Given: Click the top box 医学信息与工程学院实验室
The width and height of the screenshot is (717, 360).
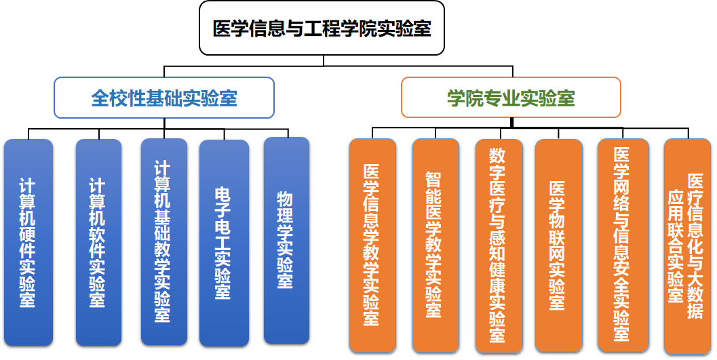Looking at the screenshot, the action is click(x=322, y=28).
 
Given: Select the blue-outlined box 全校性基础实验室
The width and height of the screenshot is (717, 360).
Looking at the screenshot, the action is click(x=164, y=98).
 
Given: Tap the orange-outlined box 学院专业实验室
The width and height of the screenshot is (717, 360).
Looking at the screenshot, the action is click(x=511, y=98).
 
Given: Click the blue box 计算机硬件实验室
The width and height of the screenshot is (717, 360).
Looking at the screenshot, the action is click(x=28, y=242).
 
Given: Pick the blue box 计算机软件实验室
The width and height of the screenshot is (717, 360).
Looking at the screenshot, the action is click(x=98, y=242).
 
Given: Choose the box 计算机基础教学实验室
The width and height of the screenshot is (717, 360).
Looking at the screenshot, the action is click(x=163, y=241).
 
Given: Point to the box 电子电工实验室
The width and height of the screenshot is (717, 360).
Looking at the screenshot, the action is click(x=224, y=243).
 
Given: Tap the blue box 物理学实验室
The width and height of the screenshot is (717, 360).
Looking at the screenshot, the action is click(x=287, y=240).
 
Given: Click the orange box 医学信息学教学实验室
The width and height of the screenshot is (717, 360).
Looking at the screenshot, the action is click(x=372, y=245).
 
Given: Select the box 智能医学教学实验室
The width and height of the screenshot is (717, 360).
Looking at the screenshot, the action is click(x=435, y=245).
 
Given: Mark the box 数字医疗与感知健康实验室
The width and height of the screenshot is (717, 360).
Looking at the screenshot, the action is click(x=499, y=246).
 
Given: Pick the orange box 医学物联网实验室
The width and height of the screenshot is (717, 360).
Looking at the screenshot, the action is click(x=558, y=245).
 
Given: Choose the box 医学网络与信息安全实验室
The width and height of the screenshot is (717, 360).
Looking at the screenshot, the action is click(x=623, y=245).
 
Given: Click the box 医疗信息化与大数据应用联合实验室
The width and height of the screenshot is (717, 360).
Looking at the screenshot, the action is click(x=687, y=246).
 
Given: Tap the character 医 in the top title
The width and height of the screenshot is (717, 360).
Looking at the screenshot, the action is click(x=221, y=28).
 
